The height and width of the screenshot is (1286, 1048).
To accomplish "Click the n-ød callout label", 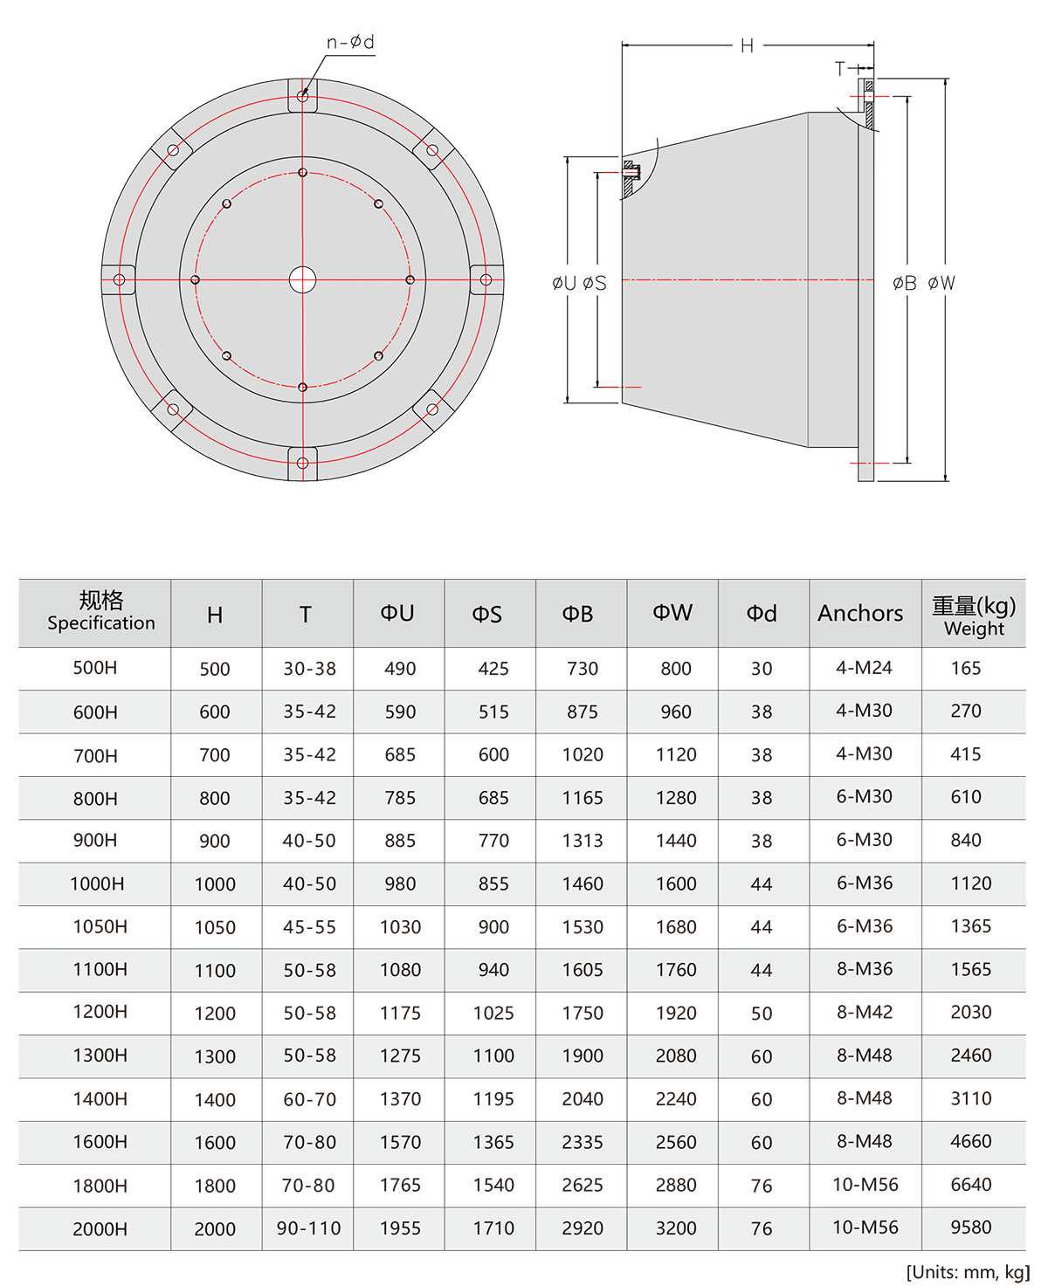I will pos(350,42).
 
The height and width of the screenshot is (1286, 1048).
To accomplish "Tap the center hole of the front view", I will pos(302,280).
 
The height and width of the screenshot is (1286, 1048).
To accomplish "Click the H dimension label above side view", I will pos(747,45).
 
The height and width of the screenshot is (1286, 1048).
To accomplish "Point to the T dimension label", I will pos(840,68).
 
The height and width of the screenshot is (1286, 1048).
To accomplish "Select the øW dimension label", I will pos(941,283).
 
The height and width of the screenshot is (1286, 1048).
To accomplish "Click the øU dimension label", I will pos(564,283).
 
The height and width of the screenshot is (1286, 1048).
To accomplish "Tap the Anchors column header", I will pos(860,614).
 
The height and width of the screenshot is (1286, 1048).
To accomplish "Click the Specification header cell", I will pos(100,612).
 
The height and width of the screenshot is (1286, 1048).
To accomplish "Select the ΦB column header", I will pos(577,614).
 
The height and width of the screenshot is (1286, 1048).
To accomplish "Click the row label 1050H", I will pos(100,926).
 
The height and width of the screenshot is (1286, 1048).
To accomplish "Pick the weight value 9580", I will pos(970,1228).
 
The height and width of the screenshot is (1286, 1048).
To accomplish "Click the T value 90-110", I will pos(308,1228).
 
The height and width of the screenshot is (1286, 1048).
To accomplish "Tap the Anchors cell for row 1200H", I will pos(864,1012).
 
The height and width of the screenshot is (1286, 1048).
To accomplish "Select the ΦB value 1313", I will pos(583,840).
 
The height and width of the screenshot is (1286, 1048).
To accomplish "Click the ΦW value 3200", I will pos(676,1228).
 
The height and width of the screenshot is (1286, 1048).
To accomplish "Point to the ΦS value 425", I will pos(493,669).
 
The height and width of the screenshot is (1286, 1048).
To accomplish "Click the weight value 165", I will pos(965,668).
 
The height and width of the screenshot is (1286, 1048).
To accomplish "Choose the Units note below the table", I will pos(967,1271).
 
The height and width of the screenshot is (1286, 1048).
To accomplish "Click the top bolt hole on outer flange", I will pos(302,96).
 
